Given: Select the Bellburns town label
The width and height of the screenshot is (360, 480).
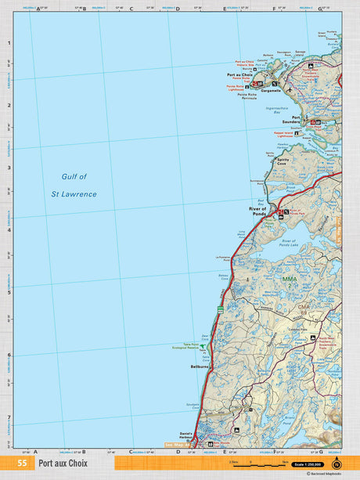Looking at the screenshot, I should [199, 366].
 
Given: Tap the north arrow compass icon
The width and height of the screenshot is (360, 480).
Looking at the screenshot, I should [337, 463].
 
